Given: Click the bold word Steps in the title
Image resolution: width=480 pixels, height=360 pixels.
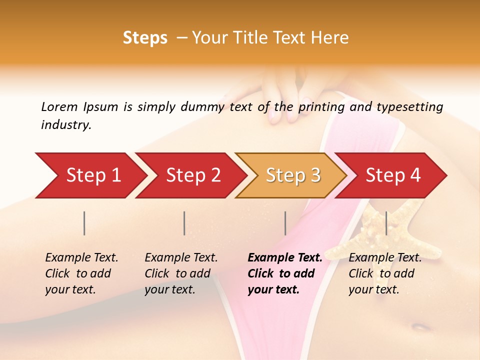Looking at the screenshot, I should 145,38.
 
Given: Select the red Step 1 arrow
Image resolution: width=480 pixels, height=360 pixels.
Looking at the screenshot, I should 90,175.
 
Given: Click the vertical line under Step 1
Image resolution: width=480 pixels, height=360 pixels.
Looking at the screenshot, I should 84,223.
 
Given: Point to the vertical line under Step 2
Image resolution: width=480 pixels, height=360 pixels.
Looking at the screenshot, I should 184,223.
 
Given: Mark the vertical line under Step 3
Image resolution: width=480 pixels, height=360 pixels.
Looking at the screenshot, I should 285,223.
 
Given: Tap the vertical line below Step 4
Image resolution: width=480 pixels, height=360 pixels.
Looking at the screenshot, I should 386,223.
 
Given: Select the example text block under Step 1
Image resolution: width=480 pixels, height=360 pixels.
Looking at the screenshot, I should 81,273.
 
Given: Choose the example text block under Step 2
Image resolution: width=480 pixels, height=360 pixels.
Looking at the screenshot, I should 181,273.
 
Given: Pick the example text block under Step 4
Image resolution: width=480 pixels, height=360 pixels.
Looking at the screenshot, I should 385,273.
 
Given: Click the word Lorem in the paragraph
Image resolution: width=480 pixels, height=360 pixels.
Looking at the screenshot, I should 59,107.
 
